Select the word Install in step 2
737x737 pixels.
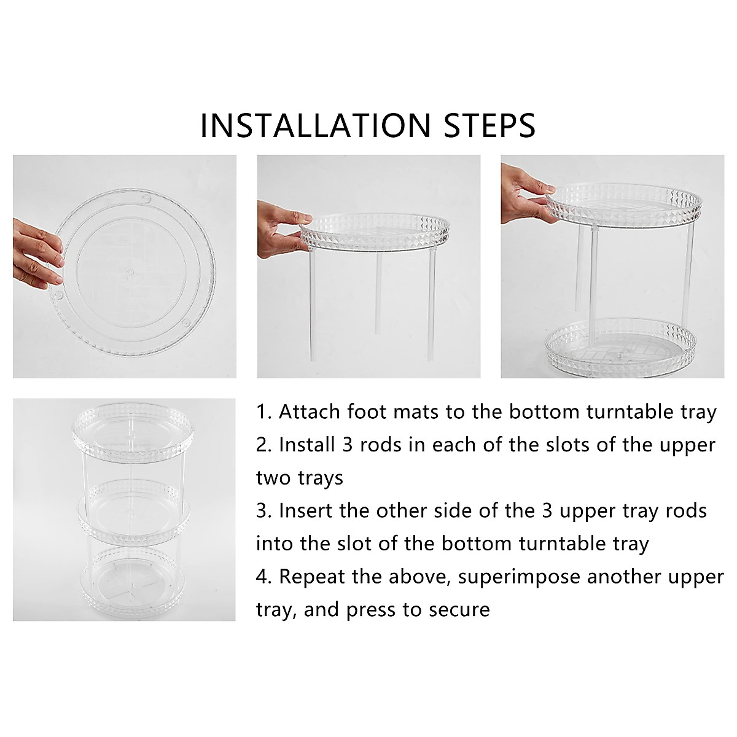305,445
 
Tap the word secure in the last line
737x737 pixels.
460,610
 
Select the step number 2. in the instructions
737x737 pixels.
264,445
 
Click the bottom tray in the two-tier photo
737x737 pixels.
621,347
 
